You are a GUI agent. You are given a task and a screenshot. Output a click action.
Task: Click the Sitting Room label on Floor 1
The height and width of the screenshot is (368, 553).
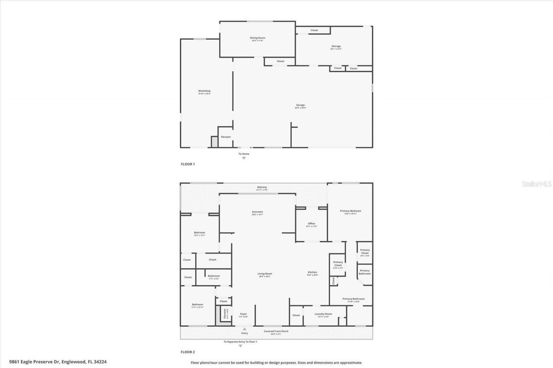click(x=257, y=38)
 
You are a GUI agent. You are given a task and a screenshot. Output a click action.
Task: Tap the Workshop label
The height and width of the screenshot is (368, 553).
click(x=204, y=91)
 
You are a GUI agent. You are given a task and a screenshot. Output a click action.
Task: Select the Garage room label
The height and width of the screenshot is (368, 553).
click(x=300, y=105)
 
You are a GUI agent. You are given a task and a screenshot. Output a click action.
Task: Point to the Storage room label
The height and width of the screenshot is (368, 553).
click(x=336, y=46)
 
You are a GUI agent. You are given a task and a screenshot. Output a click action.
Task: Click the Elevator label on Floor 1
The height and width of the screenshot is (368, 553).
click(x=226, y=137)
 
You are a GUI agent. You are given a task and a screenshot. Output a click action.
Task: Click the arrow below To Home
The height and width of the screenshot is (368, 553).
click(x=244, y=158)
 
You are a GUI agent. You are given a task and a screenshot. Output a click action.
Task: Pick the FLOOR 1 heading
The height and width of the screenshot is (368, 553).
click(x=188, y=164)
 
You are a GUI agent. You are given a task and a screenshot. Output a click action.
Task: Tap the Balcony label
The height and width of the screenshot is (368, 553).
click(x=262, y=187)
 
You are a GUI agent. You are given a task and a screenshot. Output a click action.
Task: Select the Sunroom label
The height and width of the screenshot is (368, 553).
click(x=257, y=212)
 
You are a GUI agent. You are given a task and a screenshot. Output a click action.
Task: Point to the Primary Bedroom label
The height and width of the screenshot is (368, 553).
click(x=350, y=211)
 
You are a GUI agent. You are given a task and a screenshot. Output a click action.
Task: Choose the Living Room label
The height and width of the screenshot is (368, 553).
click(x=265, y=273)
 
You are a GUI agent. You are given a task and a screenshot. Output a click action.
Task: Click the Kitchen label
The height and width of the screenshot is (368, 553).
click(x=312, y=272)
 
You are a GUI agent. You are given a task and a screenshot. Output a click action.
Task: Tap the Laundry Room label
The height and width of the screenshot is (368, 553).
click(x=323, y=314)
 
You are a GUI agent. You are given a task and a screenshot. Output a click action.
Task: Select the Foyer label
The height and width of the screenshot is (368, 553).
click(x=243, y=314)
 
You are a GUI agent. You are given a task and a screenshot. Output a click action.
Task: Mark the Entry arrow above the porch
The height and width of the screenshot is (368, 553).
click(x=245, y=329)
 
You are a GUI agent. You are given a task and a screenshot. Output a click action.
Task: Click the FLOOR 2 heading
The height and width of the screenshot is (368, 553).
click(x=188, y=352)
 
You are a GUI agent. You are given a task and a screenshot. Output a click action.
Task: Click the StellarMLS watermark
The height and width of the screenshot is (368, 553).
click(x=537, y=184)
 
